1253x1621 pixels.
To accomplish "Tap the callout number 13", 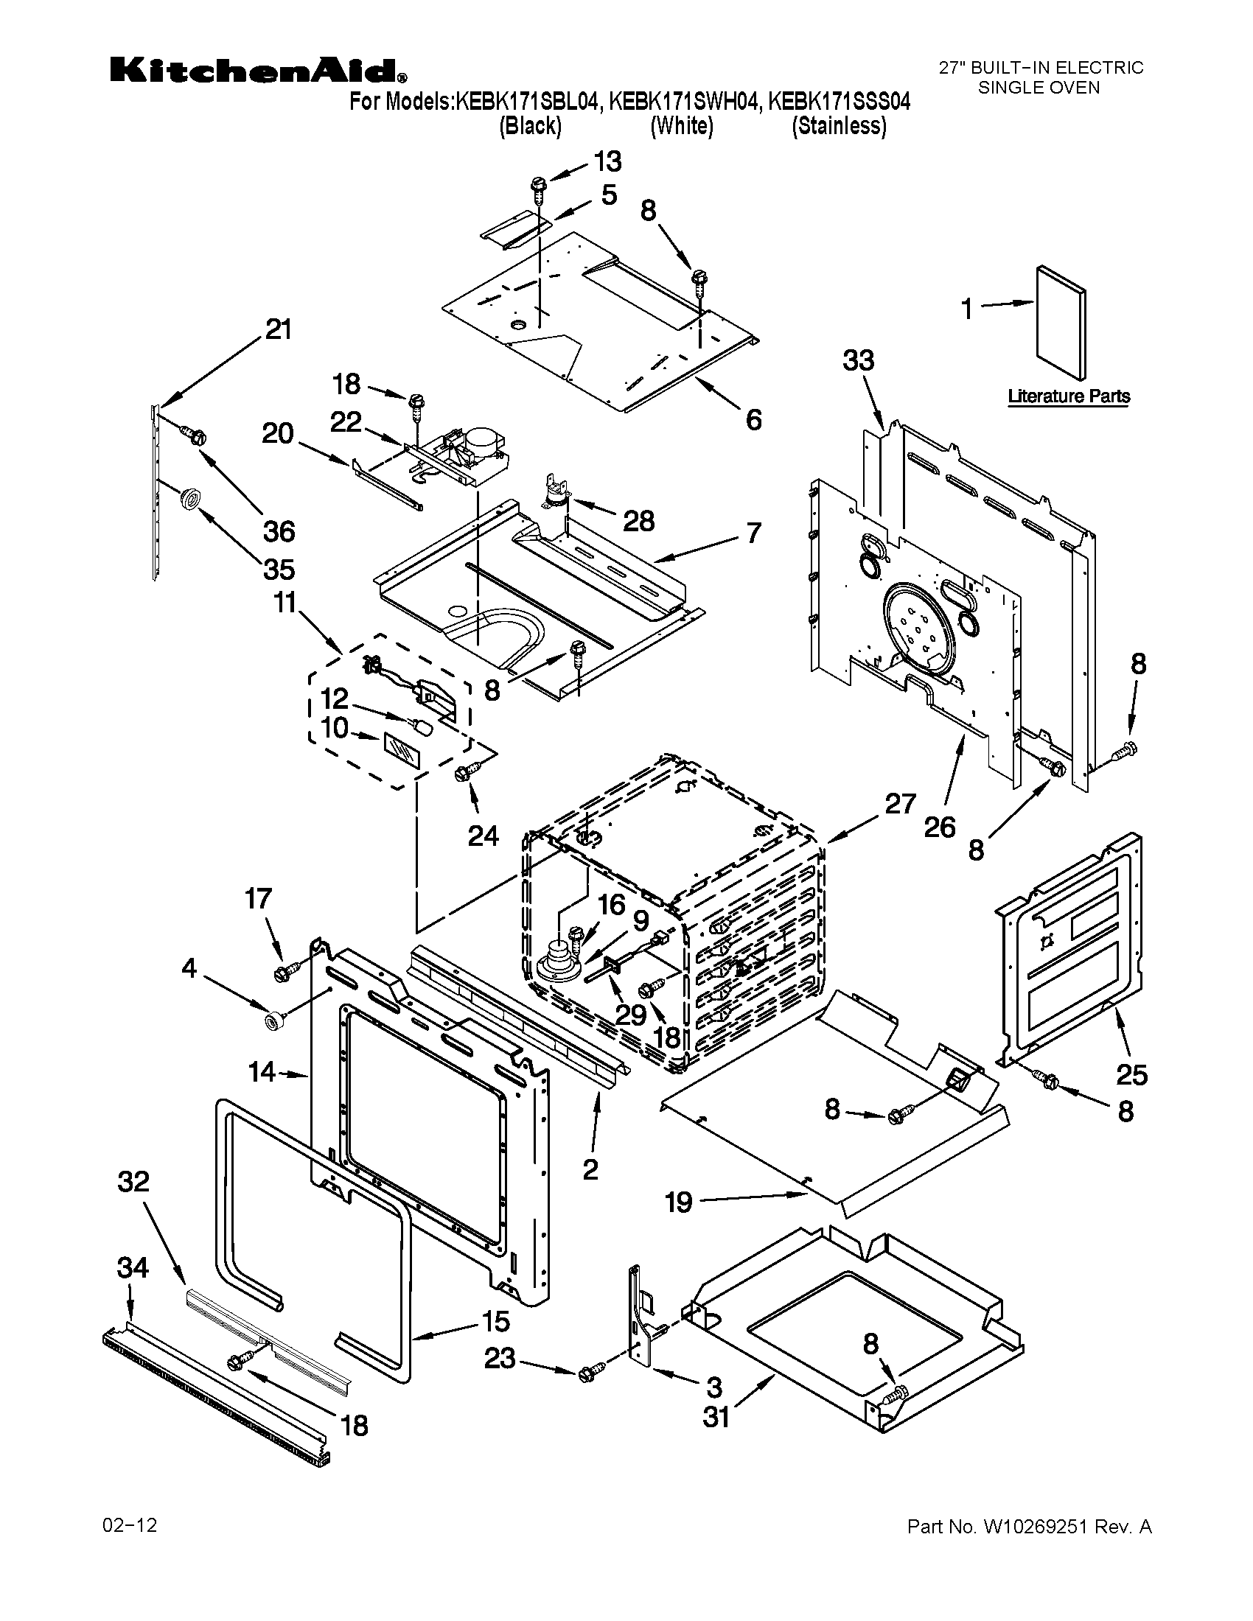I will coord(607,161).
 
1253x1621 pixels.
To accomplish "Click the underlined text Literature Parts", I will coord(1068,396).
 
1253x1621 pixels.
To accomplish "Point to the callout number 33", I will coord(858,361).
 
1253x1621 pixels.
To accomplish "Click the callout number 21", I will coord(279,329).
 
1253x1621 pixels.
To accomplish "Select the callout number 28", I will coord(638,521).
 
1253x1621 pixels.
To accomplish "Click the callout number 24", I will coord(483,836).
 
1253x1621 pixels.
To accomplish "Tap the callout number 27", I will coord(900,804).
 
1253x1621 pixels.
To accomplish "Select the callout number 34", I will coord(133,1268).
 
